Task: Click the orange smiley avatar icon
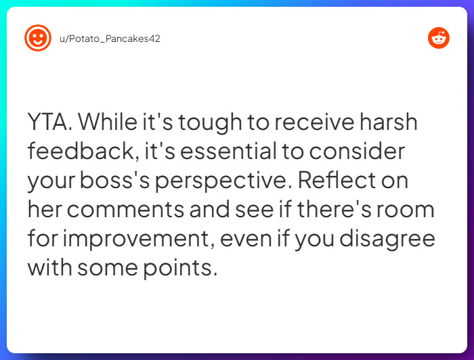point(38,38)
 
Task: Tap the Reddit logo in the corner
point(439,38)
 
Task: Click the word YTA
point(51,123)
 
